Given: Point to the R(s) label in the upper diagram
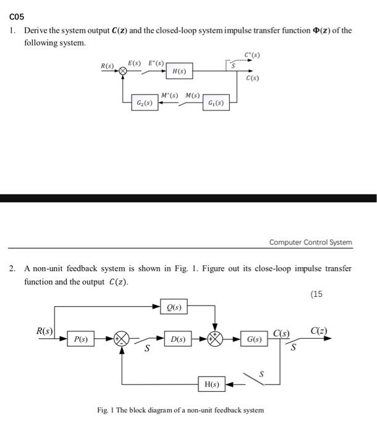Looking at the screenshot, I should pos(107,65).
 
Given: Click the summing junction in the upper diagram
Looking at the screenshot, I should pos(122,72).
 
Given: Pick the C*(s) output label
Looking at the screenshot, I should pos(252,56).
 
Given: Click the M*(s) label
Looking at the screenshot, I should pos(169,95).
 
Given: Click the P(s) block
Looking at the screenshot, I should pos(81,339).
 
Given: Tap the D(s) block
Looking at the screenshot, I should pos(178,339).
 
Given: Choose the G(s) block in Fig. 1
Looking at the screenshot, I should pos(253,339).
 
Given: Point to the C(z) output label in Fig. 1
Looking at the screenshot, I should pos(320,331).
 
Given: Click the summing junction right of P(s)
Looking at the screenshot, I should pos(122,339).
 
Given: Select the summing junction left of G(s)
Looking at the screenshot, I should pos(214,339).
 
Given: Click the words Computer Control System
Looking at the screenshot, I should pos(310,243).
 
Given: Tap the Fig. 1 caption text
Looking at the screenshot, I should pos(180,410).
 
